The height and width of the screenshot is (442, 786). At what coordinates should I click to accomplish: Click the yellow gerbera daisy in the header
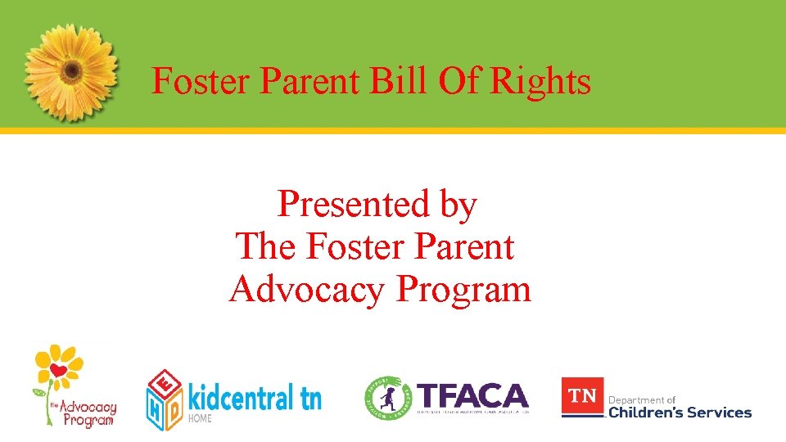(x=71, y=70)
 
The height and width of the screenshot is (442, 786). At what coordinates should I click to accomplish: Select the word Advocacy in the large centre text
(x=309, y=290)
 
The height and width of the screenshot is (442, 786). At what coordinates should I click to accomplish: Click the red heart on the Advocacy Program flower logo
(x=57, y=371)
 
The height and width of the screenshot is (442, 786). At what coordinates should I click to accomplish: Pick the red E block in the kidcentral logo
(x=166, y=384)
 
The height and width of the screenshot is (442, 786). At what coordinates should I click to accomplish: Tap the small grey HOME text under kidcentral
(x=201, y=418)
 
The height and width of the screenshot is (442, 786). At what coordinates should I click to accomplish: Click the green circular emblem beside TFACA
(x=388, y=398)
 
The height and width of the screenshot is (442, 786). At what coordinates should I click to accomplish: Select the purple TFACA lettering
(x=472, y=396)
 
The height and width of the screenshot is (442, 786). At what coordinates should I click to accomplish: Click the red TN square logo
(x=582, y=396)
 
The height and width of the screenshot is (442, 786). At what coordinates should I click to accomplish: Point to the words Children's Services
(x=680, y=413)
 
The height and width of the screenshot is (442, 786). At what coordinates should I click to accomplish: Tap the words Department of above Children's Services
(x=642, y=399)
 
